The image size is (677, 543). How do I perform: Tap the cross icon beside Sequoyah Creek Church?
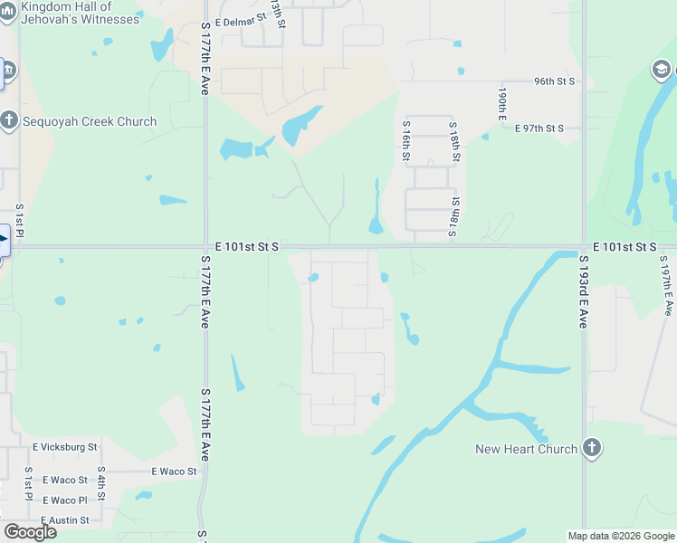coord(9,121)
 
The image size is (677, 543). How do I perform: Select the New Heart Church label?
coord(526,449)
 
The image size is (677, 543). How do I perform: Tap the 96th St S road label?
coord(555,81)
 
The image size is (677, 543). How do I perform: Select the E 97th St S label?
coord(539,129)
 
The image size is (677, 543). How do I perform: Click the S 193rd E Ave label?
coord(585,291)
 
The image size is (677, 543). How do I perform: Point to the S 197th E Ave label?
coord(666,285)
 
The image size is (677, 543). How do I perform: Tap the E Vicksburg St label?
coord(64,447)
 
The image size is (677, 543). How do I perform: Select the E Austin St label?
coord(61,520)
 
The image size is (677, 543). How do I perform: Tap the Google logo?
coord(30,532)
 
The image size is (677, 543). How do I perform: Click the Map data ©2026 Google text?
coord(621,536)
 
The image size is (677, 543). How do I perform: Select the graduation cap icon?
coord(663,70)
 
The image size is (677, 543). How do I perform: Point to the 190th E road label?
coord(501,104)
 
